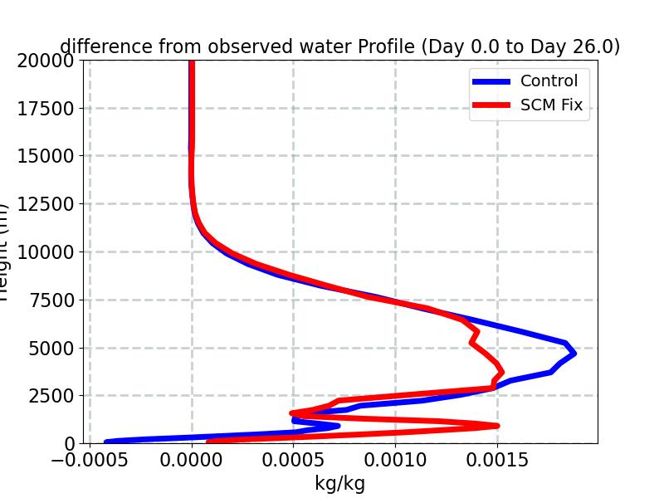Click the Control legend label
point(549,81)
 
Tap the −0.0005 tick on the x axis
point(90,460)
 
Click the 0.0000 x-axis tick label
point(192,460)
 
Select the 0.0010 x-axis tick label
point(395,460)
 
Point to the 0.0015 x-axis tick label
point(497,460)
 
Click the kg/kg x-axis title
point(339,483)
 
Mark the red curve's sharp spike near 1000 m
point(496,426)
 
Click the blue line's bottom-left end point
point(106,442)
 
